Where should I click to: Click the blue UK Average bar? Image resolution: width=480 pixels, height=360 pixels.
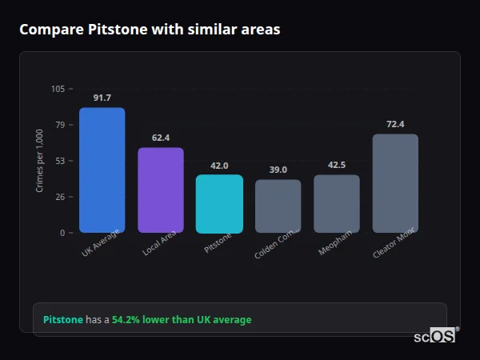[102, 170]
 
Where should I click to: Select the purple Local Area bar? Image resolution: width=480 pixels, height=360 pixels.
[161, 190]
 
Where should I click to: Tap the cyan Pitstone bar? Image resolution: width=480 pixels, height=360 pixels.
[219, 203]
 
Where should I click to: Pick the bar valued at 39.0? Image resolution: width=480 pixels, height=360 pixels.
[278, 206]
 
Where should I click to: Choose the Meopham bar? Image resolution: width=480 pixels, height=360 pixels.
[337, 203]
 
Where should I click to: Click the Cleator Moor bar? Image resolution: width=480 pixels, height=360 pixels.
[395, 183]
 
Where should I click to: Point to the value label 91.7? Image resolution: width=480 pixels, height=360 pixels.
[102, 98]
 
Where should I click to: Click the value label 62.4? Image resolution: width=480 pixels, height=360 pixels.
[161, 138]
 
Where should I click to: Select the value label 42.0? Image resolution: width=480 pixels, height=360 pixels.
[219, 166]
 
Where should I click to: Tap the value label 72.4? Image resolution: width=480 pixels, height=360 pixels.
[395, 124]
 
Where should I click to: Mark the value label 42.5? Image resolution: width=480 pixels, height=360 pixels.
[337, 165]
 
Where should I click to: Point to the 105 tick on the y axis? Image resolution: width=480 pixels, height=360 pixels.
[58, 89]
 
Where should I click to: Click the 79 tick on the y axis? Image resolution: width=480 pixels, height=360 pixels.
[60, 125]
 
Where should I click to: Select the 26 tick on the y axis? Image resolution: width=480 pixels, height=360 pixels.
[60, 197]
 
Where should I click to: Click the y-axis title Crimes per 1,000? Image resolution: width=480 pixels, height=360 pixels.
[40, 161]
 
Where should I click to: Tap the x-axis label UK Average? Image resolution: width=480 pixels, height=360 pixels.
[101, 243]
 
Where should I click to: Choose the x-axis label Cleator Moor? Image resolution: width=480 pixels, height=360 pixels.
[394, 245]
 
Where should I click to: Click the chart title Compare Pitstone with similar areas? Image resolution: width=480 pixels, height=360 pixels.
[150, 30]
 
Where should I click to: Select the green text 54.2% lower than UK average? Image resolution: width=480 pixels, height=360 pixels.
[182, 320]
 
